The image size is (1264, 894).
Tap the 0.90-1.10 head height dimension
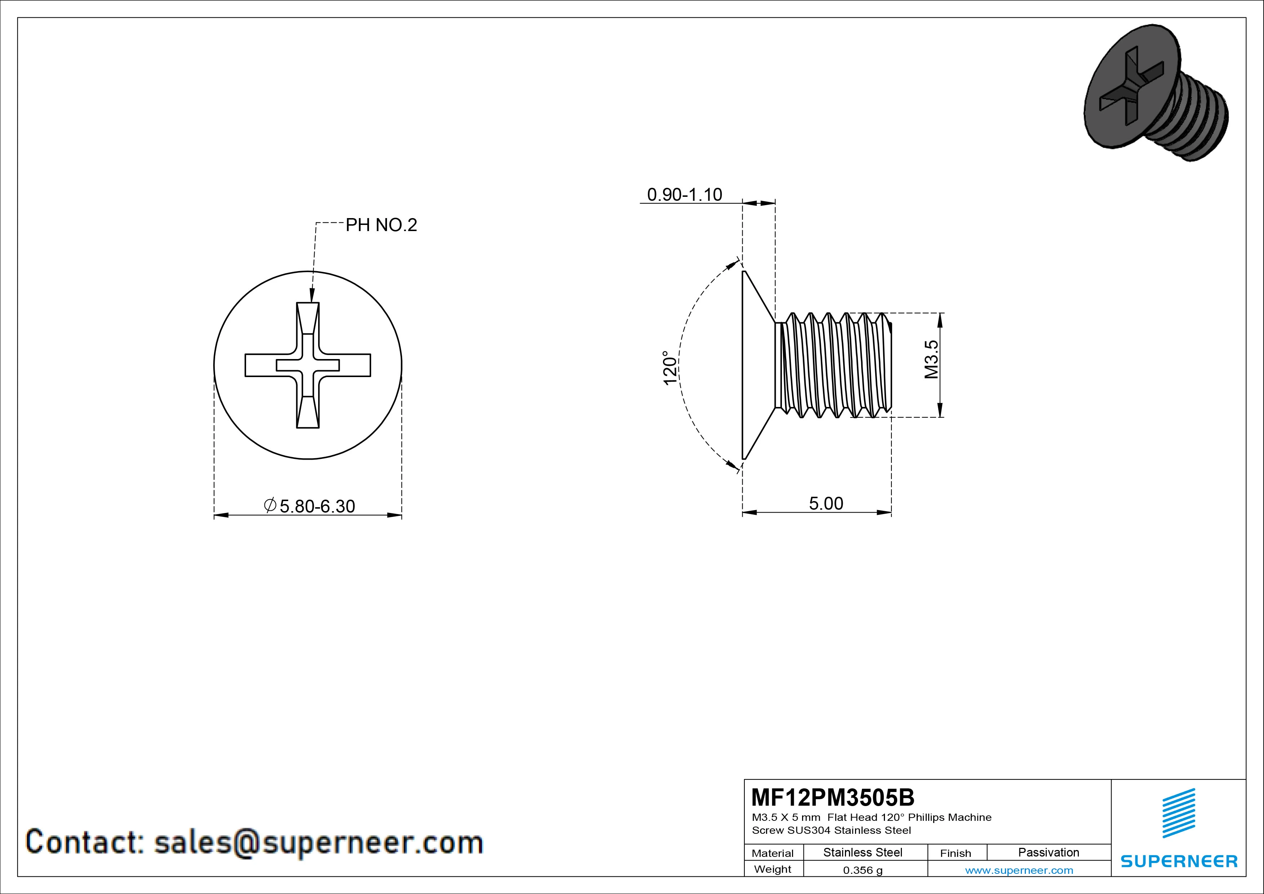[x=684, y=194]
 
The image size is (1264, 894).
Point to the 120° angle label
[x=669, y=368]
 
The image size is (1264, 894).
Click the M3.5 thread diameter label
[x=931, y=359]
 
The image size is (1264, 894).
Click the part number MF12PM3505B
[x=832, y=797]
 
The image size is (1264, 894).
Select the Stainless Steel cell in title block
[x=863, y=852]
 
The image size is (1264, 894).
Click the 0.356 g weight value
[x=863, y=870]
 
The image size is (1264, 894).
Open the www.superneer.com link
[x=1019, y=870]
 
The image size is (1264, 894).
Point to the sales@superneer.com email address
[x=318, y=843]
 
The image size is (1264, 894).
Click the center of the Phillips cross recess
[x=308, y=365]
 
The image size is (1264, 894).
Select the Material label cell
[x=773, y=853]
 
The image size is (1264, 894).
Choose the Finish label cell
[x=955, y=853]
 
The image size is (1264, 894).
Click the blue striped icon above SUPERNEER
[x=1178, y=813]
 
